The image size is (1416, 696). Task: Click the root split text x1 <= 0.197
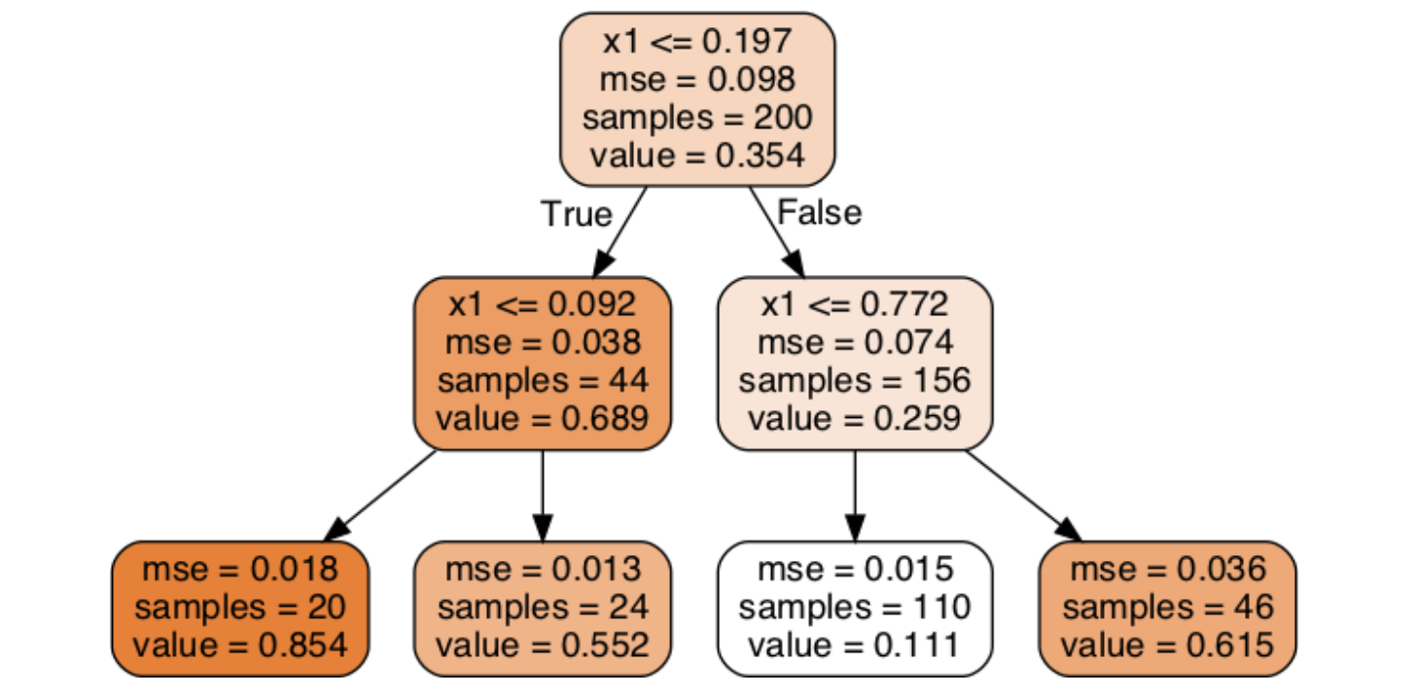pyautogui.click(x=697, y=44)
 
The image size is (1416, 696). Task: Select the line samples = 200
pyautogui.click(x=697, y=118)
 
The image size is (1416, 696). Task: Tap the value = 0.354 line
pyautogui.click(x=697, y=155)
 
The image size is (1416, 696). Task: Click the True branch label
pyautogui.click(x=577, y=214)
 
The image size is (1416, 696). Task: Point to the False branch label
pyautogui.click(x=819, y=212)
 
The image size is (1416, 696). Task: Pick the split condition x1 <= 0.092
pyautogui.click(x=542, y=305)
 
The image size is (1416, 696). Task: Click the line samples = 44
pyautogui.click(x=542, y=380)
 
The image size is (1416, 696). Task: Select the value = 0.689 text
pyautogui.click(x=542, y=418)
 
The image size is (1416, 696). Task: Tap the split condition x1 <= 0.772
pyautogui.click(x=854, y=305)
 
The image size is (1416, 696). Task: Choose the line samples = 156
pyautogui.click(x=854, y=380)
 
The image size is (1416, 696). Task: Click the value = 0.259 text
pyautogui.click(x=854, y=418)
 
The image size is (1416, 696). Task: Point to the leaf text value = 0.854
pyautogui.click(x=240, y=644)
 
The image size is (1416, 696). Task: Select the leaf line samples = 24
pyautogui.click(x=542, y=608)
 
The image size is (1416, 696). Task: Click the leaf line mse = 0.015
pyautogui.click(x=854, y=570)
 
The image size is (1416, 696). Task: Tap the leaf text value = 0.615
pyautogui.click(x=1167, y=644)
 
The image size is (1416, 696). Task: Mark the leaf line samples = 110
pyautogui.click(x=854, y=608)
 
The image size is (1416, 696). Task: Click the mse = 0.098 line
pyautogui.click(x=697, y=81)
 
